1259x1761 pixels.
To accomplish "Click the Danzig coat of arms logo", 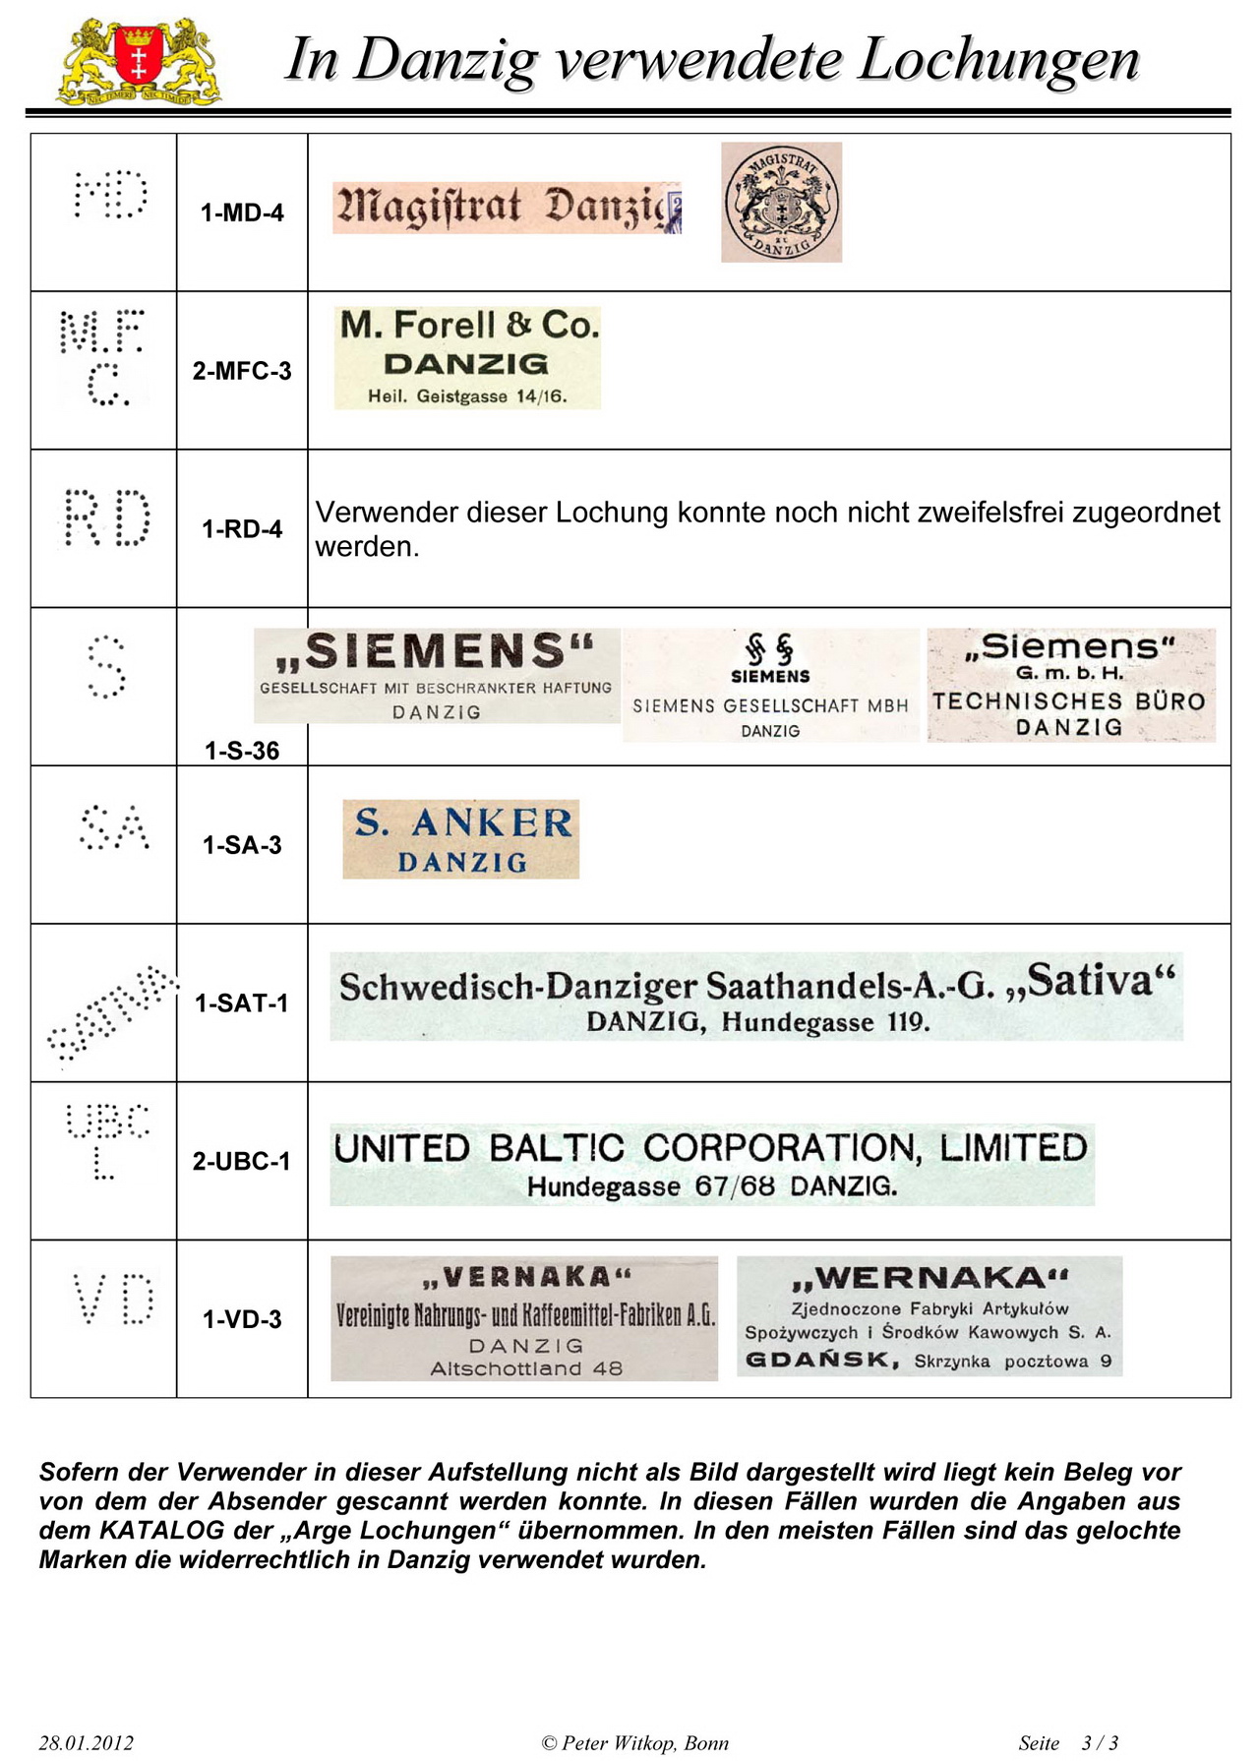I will (x=139, y=61).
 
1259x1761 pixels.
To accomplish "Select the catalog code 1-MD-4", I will (x=242, y=213).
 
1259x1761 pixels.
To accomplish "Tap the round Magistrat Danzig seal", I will (x=781, y=203).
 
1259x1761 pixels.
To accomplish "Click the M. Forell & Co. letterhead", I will (x=467, y=357).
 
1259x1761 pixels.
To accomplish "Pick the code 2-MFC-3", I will (x=242, y=371).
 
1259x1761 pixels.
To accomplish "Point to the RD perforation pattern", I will (x=106, y=517).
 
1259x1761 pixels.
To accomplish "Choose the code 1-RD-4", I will (x=242, y=529).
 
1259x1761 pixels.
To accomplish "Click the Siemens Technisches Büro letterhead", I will (x=1070, y=686).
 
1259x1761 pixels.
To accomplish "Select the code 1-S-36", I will (x=242, y=752).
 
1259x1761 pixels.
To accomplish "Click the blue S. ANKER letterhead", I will (x=460, y=839).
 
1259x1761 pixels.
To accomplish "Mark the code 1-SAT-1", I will (x=242, y=1003).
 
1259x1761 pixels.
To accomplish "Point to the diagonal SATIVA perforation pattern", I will (x=111, y=1013).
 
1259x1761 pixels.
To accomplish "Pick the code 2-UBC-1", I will (x=242, y=1162).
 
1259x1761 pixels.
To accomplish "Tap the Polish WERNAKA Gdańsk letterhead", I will (x=929, y=1316).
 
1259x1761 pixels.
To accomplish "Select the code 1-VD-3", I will (x=242, y=1320).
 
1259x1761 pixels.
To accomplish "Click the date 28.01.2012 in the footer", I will (x=86, y=1743).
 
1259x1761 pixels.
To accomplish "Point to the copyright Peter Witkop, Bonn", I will (x=635, y=1743).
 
